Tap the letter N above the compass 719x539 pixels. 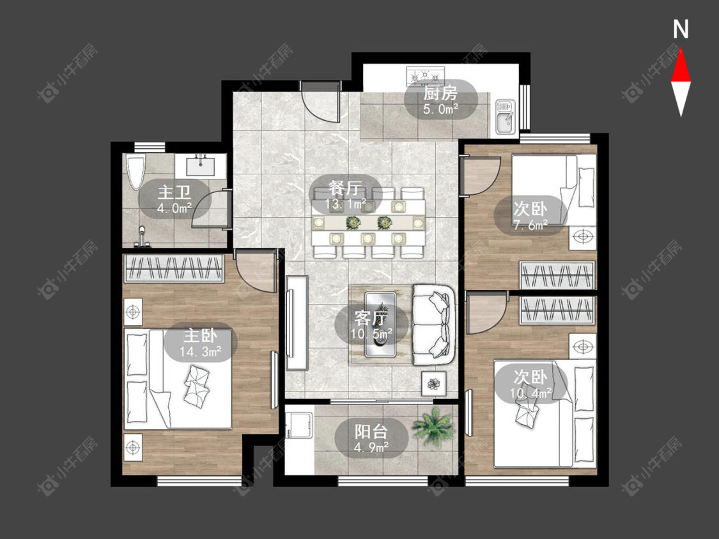pyautogui.click(x=681, y=29)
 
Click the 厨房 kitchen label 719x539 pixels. pyautogui.click(x=440, y=93)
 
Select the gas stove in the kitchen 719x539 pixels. pyautogui.click(x=426, y=76)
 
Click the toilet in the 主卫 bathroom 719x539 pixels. pyautogui.click(x=135, y=172)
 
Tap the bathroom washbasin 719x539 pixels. pyautogui.click(x=201, y=165)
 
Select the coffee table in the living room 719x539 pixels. pyautogui.click(x=380, y=324)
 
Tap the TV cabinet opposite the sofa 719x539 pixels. pyautogui.click(x=297, y=323)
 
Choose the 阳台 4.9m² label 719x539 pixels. pyautogui.click(x=371, y=439)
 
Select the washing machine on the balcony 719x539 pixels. pyautogui.click(x=299, y=426)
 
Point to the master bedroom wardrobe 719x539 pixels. pyautogui.click(x=174, y=268)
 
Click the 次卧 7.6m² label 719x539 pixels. pyautogui.click(x=530, y=216)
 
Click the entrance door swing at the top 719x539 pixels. pyautogui.click(x=321, y=103)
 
